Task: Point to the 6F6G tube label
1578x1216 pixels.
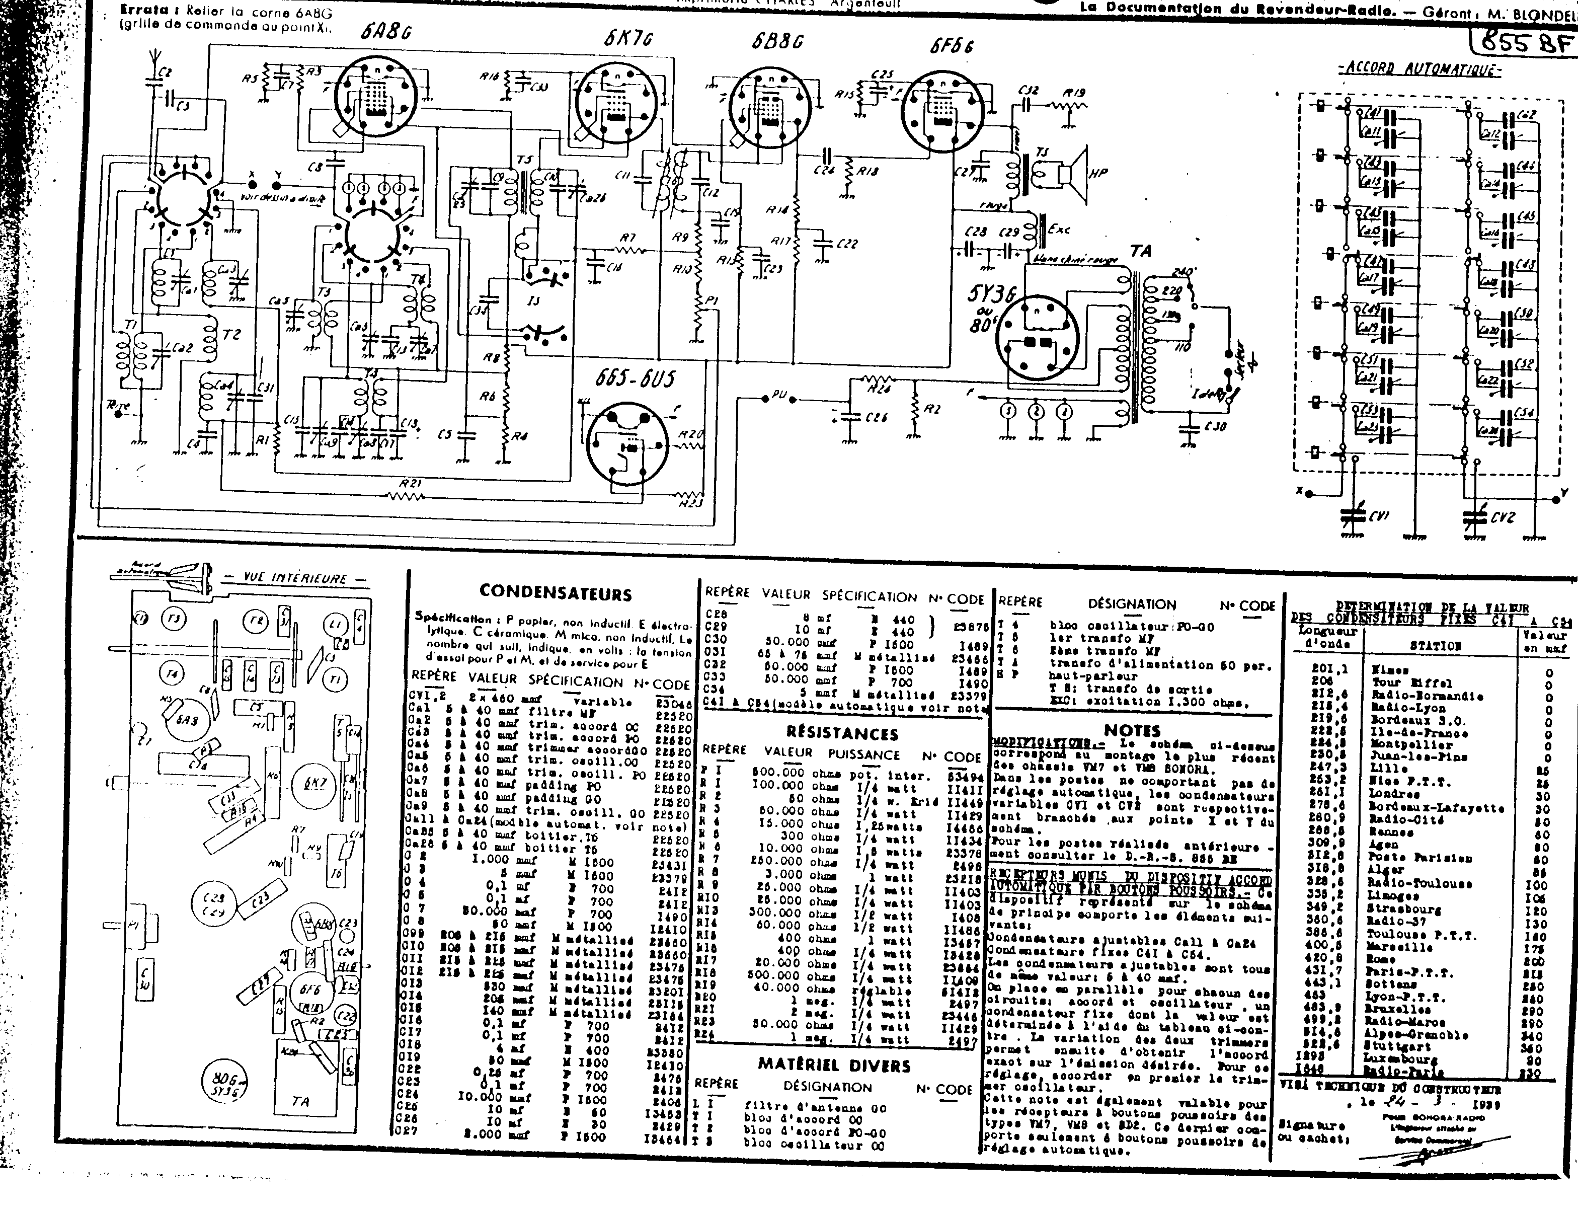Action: [x=952, y=46]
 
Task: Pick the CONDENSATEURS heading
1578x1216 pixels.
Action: [x=555, y=593]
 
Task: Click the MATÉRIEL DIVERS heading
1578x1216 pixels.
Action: [x=834, y=1066]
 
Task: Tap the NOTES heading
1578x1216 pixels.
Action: [x=1132, y=730]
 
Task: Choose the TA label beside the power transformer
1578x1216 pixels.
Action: [x=1140, y=252]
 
